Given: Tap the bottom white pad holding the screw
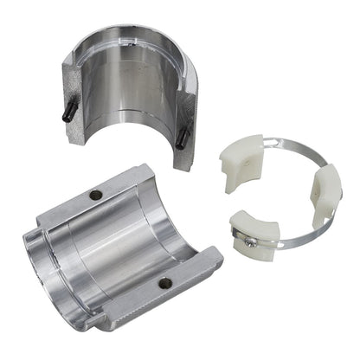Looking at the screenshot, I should [x=256, y=235].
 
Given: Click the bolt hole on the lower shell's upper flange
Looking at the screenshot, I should [x=97, y=196].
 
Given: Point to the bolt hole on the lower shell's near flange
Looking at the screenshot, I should [x=164, y=283].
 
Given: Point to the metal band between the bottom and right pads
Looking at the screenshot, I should [x=299, y=237].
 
